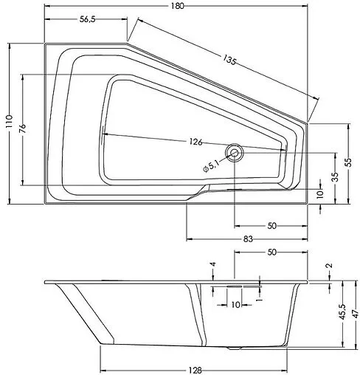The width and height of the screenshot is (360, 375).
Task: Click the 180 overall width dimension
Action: coord(177,6)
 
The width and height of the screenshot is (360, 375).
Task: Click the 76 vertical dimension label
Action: coord(23,128)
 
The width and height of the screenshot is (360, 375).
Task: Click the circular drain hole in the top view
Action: coord(235,153)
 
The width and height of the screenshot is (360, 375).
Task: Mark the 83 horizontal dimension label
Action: coord(247,238)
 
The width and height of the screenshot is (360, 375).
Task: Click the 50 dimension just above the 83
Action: coord(271,224)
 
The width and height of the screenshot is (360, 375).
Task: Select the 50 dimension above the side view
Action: coord(271,252)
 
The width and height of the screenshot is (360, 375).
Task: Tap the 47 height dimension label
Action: coord(355,313)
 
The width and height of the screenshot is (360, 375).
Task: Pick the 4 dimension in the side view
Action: coord(212,264)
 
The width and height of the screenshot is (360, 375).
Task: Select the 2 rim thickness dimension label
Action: coord(329,266)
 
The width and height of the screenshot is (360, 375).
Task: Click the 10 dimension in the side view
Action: coord(235,304)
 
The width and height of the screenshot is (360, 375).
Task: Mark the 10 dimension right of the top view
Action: coord(319,193)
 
